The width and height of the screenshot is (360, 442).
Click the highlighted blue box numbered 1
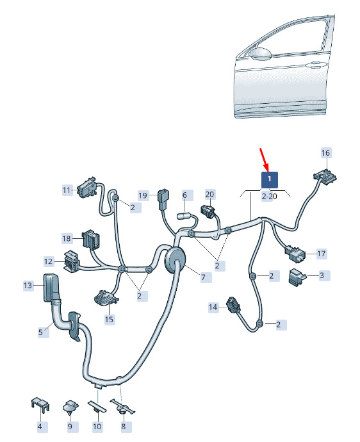[x=270, y=179]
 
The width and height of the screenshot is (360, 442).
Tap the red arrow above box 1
[x=265, y=160]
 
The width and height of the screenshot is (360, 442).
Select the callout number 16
[x=325, y=153]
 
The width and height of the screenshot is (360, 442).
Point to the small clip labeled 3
[x=297, y=277]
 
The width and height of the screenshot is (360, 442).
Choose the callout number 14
[x=213, y=307]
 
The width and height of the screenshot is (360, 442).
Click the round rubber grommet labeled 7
[x=175, y=259]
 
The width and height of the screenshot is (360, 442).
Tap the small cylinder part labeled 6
[x=184, y=217]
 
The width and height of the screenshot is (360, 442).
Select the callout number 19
[x=143, y=195]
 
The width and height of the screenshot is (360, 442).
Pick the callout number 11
[x=67, y=190]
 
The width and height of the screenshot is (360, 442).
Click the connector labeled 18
[x=92, y=240]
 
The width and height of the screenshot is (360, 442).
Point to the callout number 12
[x=48, y=261]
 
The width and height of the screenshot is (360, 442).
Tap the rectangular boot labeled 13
[x=51, y=288]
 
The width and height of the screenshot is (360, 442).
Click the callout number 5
[x=40, y=332]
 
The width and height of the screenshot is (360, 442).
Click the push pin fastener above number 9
[x=70, y=407]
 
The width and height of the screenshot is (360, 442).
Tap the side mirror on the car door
[x=260, y=54]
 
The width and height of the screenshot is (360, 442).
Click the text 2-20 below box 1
[x=270, y=196]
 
